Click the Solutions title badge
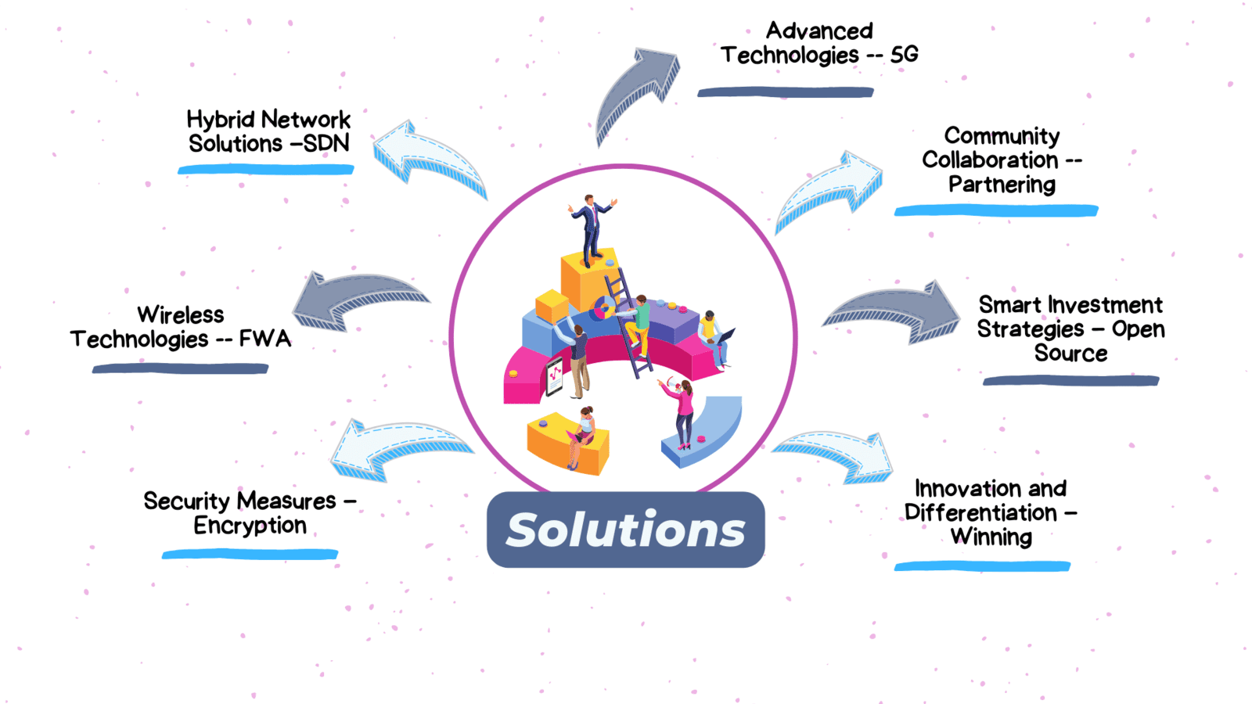tap(625, 530)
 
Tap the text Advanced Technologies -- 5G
tap(818, 43)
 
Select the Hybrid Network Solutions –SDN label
tap(268, 131)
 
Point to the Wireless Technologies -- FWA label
tap(181, 327)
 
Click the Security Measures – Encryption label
tap(250, 513)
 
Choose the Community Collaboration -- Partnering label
tap(1002, 160)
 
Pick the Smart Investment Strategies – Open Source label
tap(1070, 329)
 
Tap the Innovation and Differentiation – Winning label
tap(991, 513)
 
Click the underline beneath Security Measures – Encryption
tap(250, 555)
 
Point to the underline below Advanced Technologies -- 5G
tap(785, 92)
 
